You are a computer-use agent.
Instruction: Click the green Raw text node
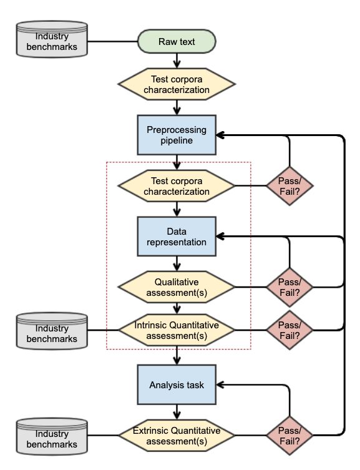(x=177, y=41)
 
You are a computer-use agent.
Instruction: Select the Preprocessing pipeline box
(x=177, y=135)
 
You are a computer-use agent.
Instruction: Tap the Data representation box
(x=177, y=237)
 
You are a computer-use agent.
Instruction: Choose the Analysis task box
(x=177, y=384)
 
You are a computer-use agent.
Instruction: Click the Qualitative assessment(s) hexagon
(x=177, y=287)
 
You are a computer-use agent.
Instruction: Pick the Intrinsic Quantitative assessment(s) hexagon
(x=177, y=330)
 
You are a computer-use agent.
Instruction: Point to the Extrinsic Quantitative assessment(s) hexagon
(x=177, y=436)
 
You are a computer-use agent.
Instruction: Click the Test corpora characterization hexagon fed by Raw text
(x=177, y=84)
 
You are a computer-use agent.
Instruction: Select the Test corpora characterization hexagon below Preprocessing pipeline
(x=177, y=186)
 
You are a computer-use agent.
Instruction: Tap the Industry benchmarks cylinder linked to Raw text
(x=52, y=39)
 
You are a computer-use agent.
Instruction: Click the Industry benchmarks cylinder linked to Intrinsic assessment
(x=52, y=331)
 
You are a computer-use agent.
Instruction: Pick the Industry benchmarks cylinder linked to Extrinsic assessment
(x=52, y=436)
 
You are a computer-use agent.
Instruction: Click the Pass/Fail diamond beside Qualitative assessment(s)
(x=289, y=287)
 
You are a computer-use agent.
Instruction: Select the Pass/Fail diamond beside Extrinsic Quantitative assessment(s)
(x=289, y=436)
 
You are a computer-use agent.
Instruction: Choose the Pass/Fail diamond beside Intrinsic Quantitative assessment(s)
(x=289, y=330)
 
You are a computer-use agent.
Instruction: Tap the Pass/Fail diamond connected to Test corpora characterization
(x=289, y=186)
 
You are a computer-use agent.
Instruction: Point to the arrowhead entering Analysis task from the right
(x=220, y=384)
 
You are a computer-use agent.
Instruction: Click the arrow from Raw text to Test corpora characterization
(x=177, y=61)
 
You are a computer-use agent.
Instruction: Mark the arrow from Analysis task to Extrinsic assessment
(x=177, y=412)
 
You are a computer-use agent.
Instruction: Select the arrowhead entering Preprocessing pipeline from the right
(x=220, y=135)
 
